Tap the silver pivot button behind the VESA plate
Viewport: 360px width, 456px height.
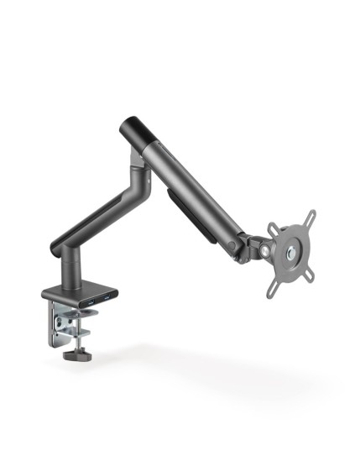tap(266, 248)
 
